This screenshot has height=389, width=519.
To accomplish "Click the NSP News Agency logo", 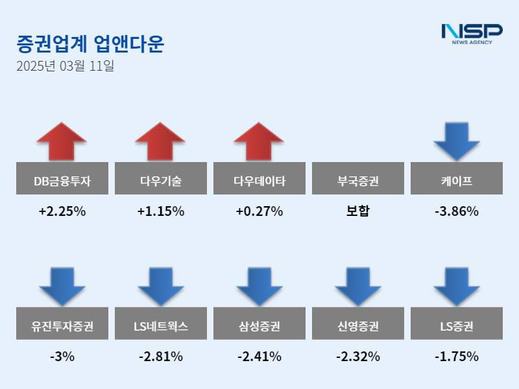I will pos(472,33).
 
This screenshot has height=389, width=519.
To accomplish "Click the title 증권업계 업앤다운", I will pos(90,43).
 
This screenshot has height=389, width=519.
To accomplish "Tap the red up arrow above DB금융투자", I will pos(62,141).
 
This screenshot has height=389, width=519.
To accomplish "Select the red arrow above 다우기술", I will pos(160,141).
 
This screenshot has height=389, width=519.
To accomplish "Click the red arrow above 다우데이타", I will pos(259,141).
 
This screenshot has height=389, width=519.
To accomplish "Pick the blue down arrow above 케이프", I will pos(456,141).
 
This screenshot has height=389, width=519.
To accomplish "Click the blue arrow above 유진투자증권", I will pos(62,287).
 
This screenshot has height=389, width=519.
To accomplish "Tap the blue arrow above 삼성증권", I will pos(259,287).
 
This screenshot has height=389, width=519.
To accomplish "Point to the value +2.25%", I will pos(62,211).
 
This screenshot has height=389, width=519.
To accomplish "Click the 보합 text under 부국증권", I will pos(357,211).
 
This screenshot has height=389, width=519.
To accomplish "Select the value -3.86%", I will pos(456,211).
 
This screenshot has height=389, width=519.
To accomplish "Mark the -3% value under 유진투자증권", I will pos(62,357).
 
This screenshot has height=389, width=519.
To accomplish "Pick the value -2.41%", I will pos(259,357).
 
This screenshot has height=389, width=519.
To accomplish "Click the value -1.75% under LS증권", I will pos(456,357).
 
